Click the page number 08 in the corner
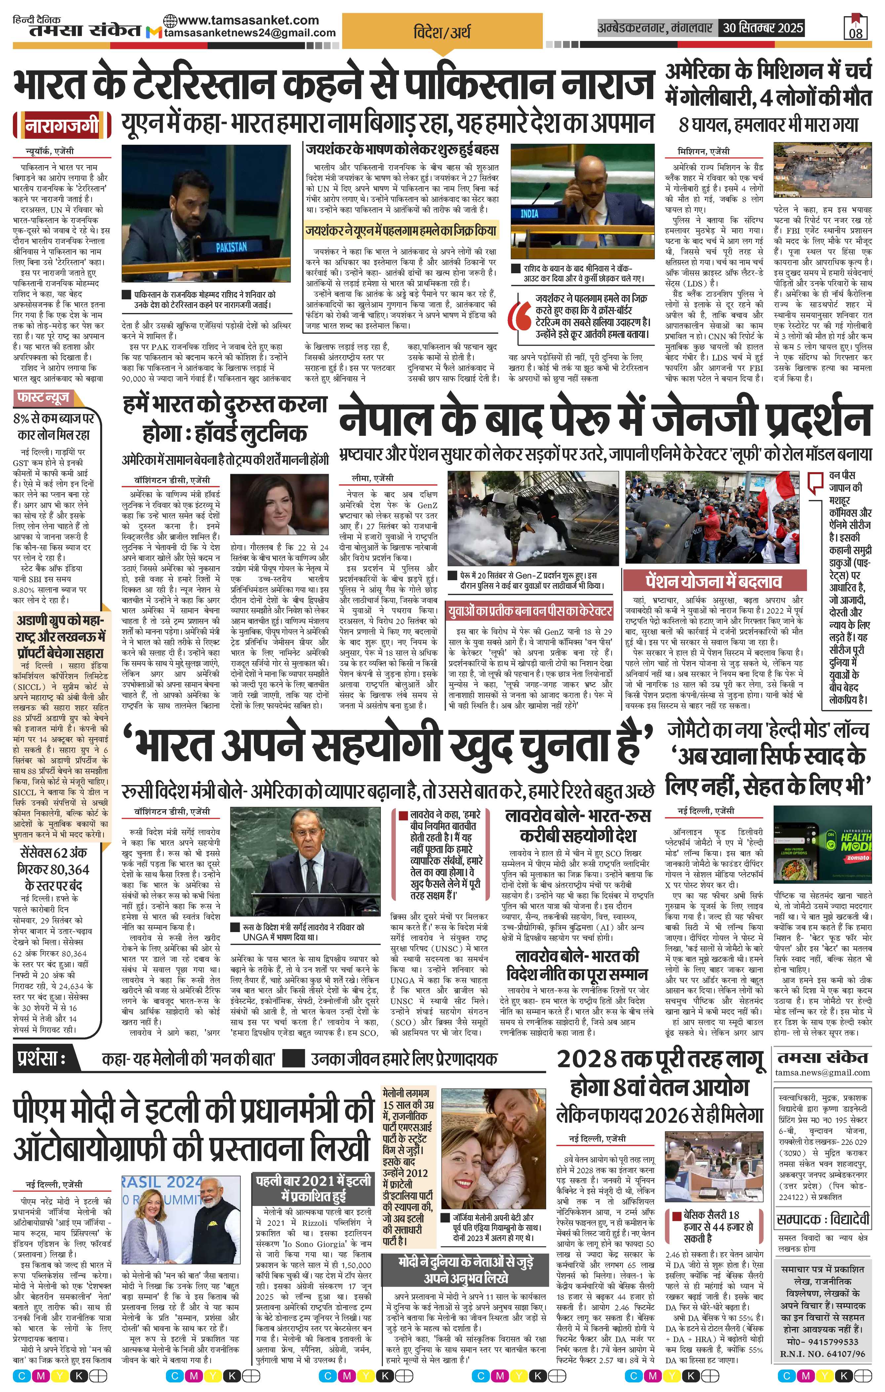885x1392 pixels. point(856,33)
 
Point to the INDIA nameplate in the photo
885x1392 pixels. point(529,213)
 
